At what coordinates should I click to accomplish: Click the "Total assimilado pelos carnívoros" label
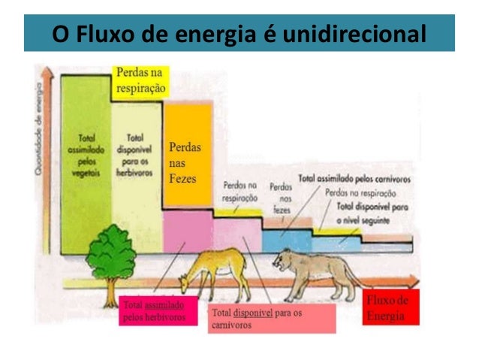point(354,180)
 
